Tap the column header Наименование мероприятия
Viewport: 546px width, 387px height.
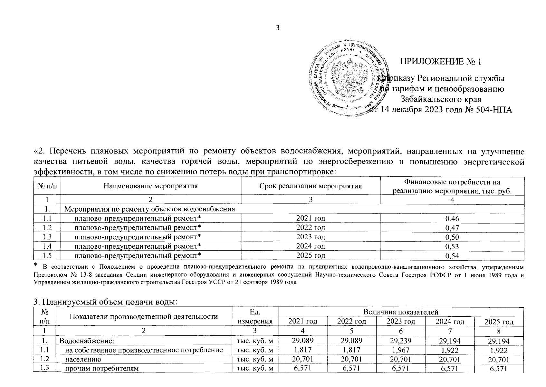tap(150, 186)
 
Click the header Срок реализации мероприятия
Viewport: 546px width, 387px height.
tap(310, 186)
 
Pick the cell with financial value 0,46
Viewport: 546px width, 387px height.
tap(452, 219)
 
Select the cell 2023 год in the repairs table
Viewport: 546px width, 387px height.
tap(311, 237)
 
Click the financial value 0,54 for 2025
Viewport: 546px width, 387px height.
tap(452, 256)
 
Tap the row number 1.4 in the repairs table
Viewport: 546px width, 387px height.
tap(47, 246)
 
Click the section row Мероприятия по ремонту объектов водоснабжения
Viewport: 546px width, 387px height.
tap(150, 209)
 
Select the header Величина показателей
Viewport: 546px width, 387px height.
tap(400, 312)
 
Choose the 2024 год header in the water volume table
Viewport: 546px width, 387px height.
tap(450, 321)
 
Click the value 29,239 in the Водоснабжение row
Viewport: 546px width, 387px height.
tap(400, 341)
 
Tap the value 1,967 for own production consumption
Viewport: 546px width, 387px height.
tap(400, 350)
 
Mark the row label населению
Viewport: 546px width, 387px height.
tap(83, 359)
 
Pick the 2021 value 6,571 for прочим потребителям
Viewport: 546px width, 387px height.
tap(302, 369)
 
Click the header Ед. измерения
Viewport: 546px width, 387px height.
tap(255, 316)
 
